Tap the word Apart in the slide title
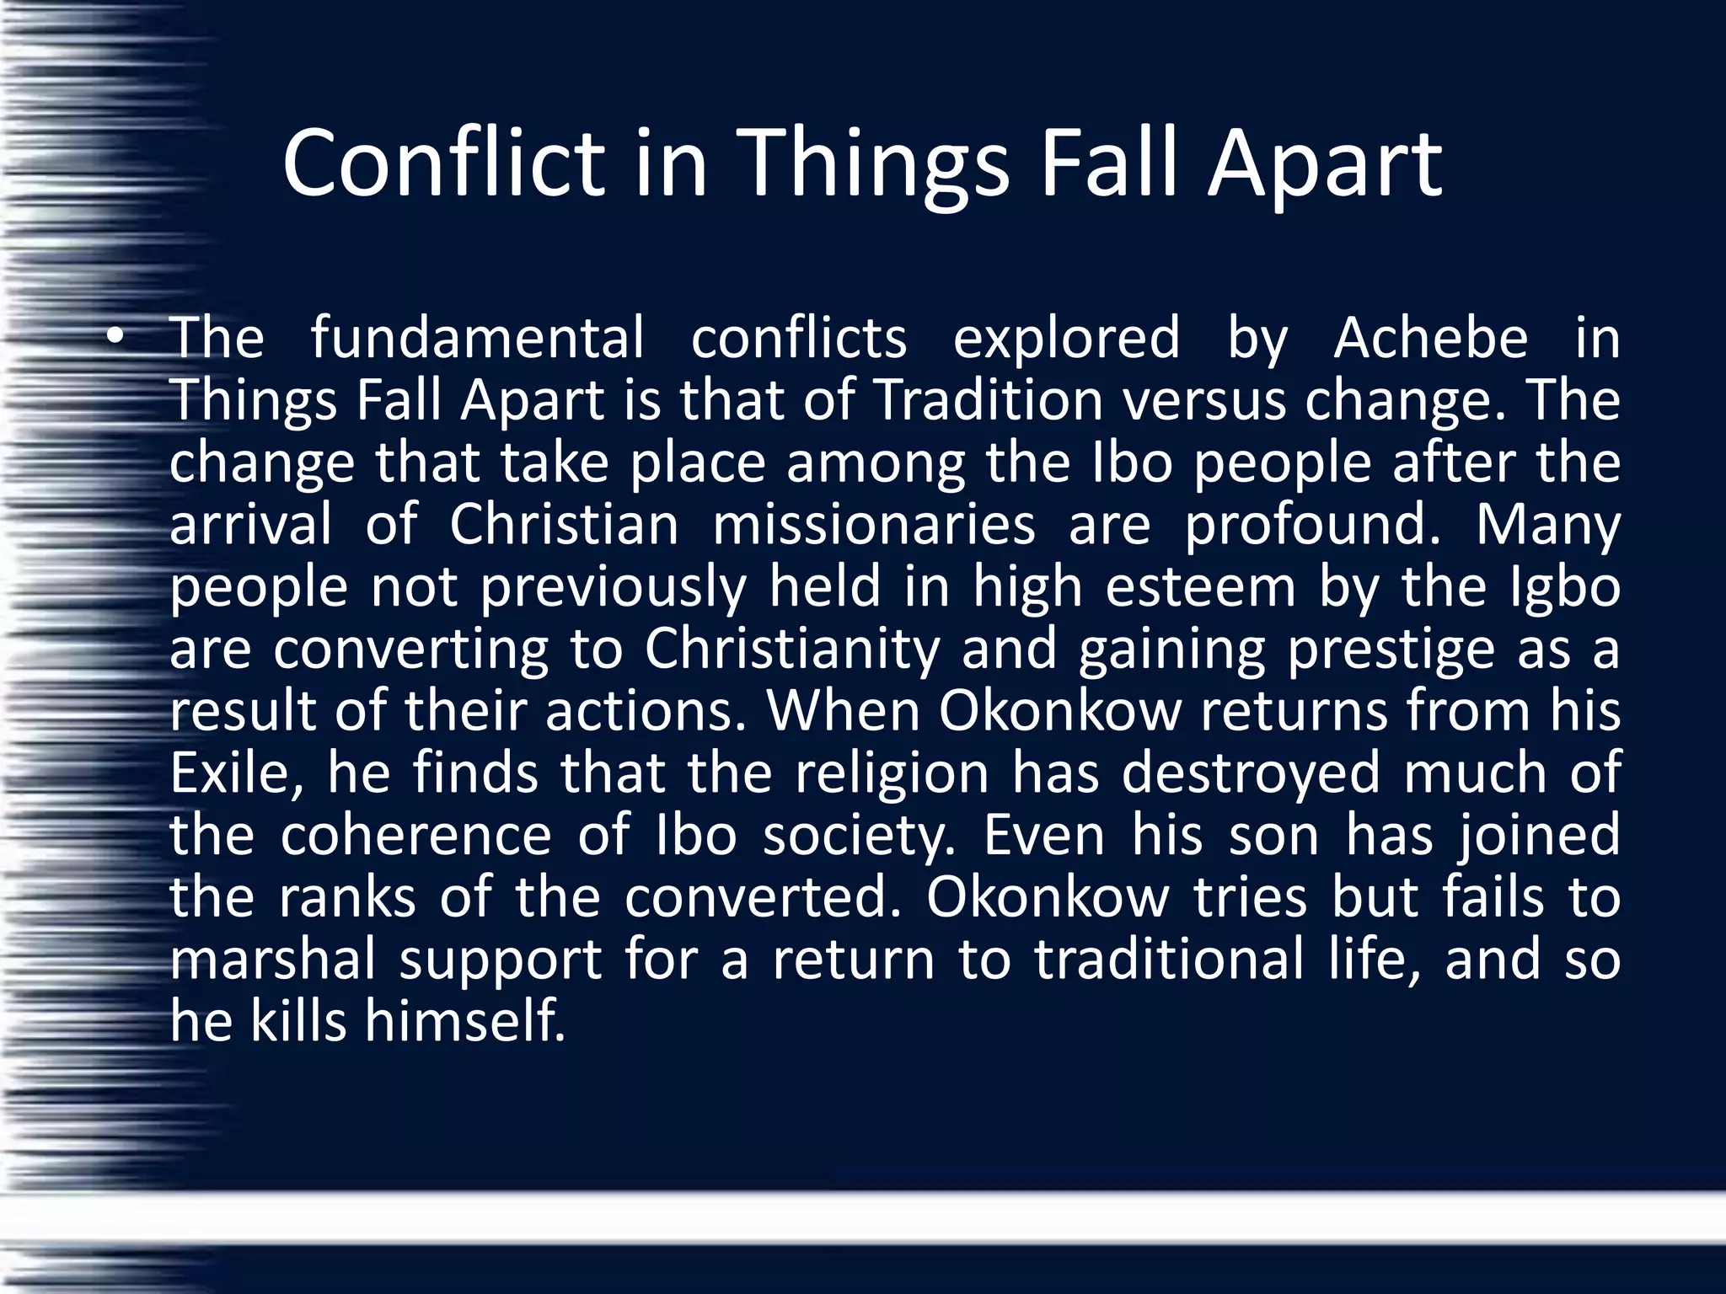(1325, 165)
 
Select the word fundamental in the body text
(477, 338)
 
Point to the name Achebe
(1430, 338)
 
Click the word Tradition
(989, 400)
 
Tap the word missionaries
(874, 526)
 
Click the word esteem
(1200, 587)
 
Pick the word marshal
(272, 960)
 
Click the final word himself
(464, 1021)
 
